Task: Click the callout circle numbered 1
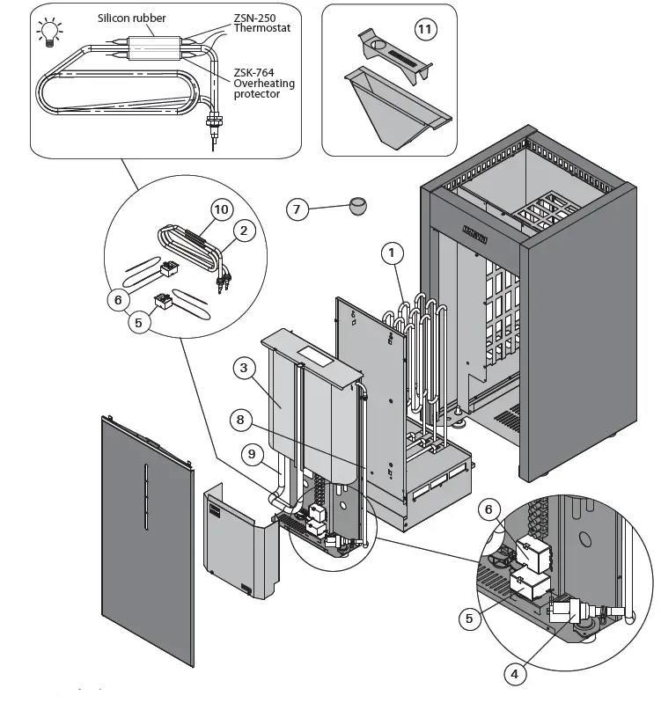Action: point(392,253)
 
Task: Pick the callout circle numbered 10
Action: point(222,210)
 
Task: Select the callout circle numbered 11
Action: point(425,29)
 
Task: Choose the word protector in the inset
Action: point(257,95)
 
